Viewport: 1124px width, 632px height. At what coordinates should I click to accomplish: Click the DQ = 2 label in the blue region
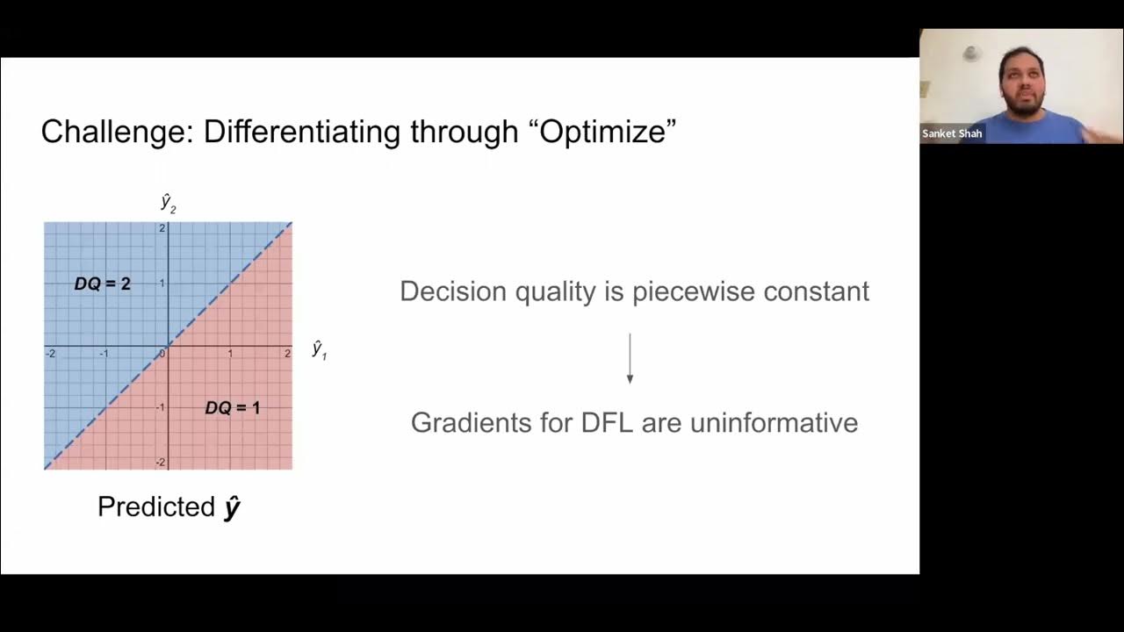coord(103,284)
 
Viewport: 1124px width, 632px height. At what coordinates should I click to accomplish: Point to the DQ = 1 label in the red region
coord(232,408)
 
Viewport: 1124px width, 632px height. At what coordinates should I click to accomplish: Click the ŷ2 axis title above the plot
coord(168,203)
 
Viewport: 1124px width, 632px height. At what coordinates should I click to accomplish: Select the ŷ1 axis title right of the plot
coord(319,349)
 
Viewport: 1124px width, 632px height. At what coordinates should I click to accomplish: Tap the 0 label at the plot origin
coord(162,354)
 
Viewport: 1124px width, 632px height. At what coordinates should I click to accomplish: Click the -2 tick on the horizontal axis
coord(51,354)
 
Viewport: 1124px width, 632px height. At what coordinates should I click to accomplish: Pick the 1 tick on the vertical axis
coord(162,284)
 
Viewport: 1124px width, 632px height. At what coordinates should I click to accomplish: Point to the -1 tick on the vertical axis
coord(161,408)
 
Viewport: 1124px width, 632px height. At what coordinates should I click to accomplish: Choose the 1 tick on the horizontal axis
coord(230,354)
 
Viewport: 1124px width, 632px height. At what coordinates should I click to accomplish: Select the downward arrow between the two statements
coord(630,358)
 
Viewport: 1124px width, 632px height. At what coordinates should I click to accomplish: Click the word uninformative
coord(774,422)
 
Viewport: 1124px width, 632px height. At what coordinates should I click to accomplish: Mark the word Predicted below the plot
coord(156,506)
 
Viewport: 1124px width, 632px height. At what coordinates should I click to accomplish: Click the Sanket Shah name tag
coord(952,133)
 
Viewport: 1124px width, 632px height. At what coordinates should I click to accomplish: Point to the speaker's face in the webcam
coord(1021,80)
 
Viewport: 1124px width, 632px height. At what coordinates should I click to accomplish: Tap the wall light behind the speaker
coord(971,53)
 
